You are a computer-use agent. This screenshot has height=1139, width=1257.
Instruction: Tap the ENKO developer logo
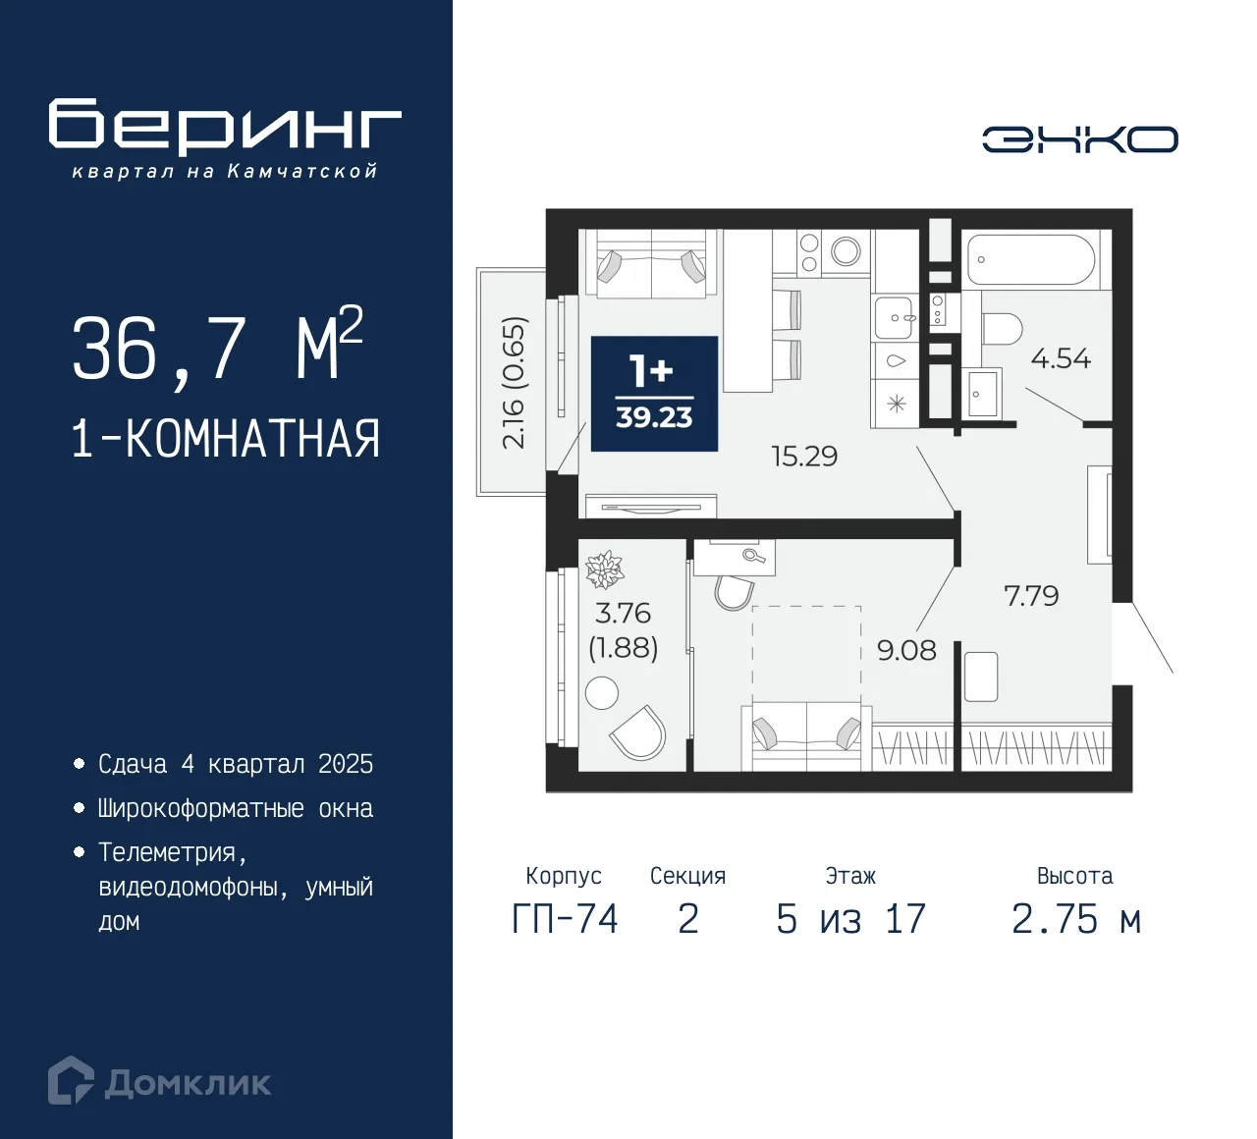[1079, 139]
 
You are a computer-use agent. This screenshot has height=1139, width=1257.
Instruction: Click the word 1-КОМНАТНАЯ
[225, 439]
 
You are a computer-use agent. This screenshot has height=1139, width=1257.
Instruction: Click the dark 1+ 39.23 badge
[654, 394]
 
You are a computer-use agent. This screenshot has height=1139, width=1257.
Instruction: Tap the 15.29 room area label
[804, 457]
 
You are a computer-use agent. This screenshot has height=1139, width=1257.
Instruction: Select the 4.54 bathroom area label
[1061, 358]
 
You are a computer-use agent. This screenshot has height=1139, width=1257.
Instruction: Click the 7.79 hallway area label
[1031, 596]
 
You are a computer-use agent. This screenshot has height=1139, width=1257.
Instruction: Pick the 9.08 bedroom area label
[906, 650]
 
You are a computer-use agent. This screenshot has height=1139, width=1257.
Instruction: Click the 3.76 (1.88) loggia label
[623, 630]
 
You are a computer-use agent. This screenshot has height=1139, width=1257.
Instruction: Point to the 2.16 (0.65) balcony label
[515, 383]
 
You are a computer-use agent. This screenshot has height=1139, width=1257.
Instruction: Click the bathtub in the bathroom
[1030, 259]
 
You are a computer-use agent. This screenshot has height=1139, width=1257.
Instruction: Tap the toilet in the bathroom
[1002, 328]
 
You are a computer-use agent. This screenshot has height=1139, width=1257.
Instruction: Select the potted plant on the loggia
[604, 569]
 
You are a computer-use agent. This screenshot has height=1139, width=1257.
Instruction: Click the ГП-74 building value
[565, 919]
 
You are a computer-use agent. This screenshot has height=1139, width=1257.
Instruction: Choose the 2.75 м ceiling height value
[1075, 919]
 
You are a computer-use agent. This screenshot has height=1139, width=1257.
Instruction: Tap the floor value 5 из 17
[850, 919]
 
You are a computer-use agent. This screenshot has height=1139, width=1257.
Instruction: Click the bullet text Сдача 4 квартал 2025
[236, 764]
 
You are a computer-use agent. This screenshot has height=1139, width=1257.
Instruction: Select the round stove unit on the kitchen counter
[846, 251]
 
